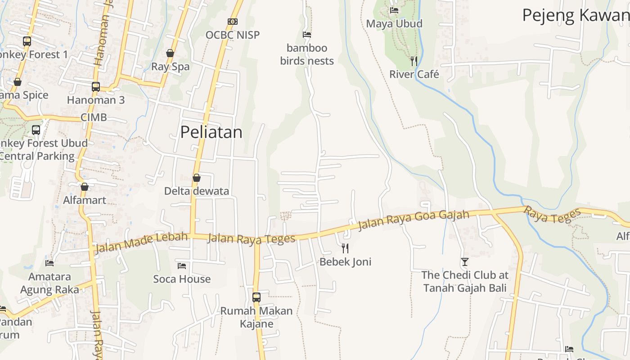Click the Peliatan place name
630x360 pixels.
(211, 132)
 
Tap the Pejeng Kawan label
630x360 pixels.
(575, 15)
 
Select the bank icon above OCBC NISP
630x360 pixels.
(232, 21)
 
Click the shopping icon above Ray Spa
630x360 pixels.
(170, 53)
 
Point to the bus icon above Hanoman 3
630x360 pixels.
(96, 86)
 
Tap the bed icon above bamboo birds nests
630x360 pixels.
(307, 34)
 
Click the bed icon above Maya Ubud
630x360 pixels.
(394, 10)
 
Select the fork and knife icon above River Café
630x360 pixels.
(414, 61)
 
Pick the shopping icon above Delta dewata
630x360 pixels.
(196, 178)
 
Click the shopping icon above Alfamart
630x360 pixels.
(85, 187)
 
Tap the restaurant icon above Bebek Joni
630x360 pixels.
(345, 248)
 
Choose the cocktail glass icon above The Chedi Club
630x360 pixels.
(465, 261)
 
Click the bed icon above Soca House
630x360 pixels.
(182, 265)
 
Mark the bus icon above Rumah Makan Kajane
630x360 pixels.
(256, 297)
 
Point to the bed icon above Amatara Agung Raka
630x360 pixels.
(49, 263)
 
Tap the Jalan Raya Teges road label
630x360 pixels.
(251, 238)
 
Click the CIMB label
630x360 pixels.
(94, 117)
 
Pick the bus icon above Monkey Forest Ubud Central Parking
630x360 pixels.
(36, 130)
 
